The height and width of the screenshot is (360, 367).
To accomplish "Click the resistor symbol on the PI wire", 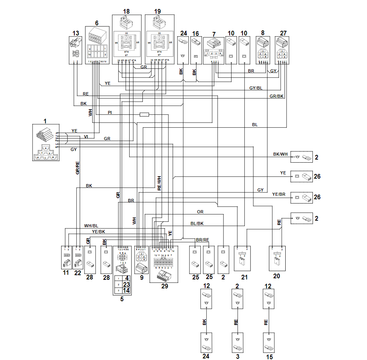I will (144, 114).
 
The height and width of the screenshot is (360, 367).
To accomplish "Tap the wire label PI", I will (110, 112).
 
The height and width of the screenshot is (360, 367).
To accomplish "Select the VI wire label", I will (86, 136).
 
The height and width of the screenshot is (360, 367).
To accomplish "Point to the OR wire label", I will (200, 212).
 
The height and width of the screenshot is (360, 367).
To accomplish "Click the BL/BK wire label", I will (197, 223).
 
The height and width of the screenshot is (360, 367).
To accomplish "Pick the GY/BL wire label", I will (256, 88).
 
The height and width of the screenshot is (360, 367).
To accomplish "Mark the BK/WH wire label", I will (280, 155).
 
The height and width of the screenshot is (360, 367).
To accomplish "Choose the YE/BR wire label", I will (279, 194).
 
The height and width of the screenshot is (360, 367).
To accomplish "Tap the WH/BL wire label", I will (91, 226).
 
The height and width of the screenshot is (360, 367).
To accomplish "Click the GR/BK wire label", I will (276, 96).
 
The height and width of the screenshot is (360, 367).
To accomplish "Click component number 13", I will (76, 32).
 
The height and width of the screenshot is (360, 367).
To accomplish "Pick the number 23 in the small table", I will (126, 284).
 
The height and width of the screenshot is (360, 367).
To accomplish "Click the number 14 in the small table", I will (126, 290).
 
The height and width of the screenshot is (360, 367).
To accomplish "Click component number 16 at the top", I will (195, 33).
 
